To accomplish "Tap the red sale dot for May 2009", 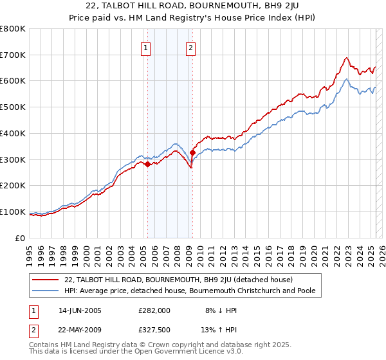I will tap(192, 152).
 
